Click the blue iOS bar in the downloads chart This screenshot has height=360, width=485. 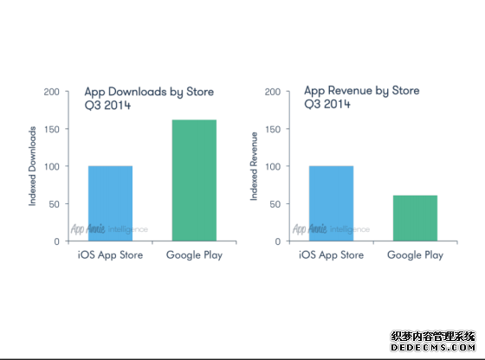point(110,203)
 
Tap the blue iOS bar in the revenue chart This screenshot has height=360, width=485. point(331,203)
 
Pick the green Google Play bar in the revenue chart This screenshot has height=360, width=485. point(415,218)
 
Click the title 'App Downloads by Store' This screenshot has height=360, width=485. point(148,92)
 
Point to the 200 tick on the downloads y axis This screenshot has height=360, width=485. point(51,92)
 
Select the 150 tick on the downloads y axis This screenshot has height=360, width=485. point(51,129)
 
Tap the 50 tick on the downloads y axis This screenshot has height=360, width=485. point(54,204)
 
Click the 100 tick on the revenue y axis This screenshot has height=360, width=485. point(272,166)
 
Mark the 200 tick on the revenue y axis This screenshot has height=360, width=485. point(272,92)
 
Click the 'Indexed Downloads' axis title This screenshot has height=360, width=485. point(33,166)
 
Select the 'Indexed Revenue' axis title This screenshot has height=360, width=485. point(255,166)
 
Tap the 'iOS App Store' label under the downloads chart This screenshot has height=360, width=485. point(110,255)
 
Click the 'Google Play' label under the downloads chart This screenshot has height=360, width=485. point(194,255)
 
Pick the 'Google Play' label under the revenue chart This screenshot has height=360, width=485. point(415,255)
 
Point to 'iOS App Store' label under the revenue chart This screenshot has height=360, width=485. point(331,255)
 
